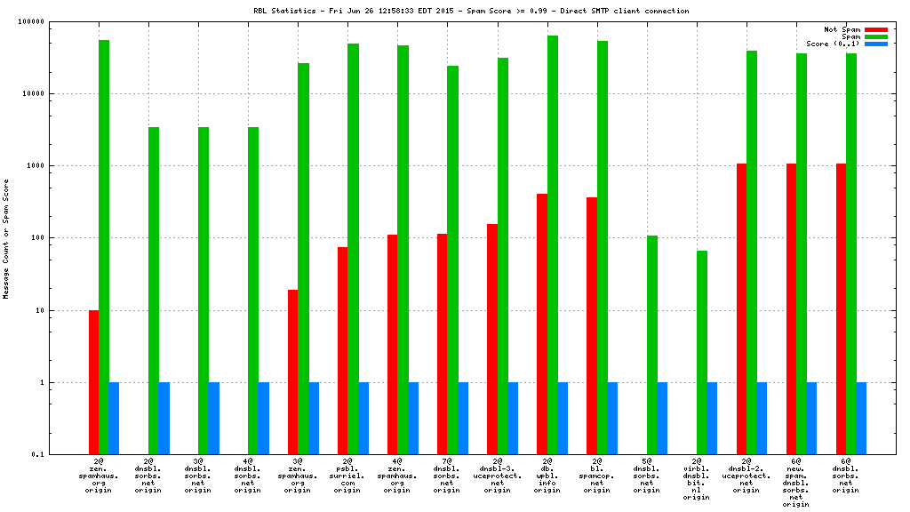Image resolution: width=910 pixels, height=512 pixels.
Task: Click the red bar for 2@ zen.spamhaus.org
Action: [x=93, y=382]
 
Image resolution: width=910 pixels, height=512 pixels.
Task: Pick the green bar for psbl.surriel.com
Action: [x=353, y=249]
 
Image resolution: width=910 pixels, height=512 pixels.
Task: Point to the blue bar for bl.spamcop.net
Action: [x=612, y=419]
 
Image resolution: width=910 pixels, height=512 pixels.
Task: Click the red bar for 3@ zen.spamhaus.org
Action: [x=292, y=372]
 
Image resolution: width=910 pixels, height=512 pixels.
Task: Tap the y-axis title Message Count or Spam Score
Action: [x=6, y=238]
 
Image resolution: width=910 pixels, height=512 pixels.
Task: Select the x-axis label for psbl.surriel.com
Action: [x=347, y=476]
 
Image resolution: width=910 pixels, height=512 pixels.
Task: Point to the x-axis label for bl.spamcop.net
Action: [x=596, y=476]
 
